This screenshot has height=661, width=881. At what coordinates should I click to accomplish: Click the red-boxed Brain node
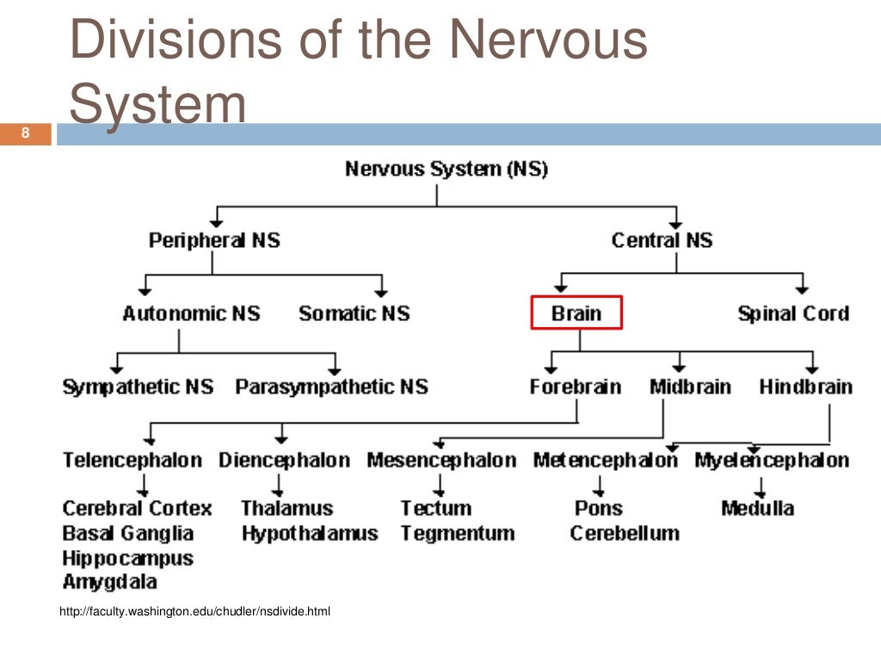576,313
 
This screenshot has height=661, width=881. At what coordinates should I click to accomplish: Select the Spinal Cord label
792,313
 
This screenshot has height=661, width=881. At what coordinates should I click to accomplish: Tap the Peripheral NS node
214,240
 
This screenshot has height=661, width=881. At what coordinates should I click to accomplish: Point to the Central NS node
662,240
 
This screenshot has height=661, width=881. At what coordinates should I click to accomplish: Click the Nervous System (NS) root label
446,169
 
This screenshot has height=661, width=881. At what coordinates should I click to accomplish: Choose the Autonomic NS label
191,313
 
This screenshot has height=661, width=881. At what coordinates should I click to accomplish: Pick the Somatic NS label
354,313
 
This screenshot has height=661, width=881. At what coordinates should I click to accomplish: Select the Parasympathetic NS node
331,386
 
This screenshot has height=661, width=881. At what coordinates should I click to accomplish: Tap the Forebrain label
575,386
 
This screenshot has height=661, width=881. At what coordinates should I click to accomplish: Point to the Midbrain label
690,386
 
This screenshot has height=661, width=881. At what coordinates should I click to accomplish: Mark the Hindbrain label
805,386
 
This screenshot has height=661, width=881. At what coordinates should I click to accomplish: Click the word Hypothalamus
309,534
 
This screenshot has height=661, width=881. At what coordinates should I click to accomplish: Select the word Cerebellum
624,534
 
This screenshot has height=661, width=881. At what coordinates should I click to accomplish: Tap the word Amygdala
109,582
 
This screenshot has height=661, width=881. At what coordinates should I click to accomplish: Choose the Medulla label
757,508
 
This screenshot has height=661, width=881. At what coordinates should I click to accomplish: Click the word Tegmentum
457,534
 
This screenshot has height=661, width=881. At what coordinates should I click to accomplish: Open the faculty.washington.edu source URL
194,612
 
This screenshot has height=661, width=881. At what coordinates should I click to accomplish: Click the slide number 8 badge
26,133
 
